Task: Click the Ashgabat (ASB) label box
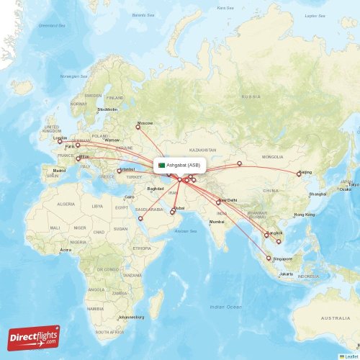[x=181, y=165]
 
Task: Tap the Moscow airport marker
[x=138, y=127]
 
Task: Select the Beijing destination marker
[x=299, y=174]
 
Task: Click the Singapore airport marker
[x=269, y=258]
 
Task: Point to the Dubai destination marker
[x=172, y=212]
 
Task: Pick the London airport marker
[x=60, y=141]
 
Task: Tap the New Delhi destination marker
[x=218, y=202]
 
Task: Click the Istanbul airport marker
[x=119, y=171]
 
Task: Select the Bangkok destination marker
[x=266, y=235]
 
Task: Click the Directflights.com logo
[x=34, y=337]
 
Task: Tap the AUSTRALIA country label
[x=335, y=318]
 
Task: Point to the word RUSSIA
[x=251, y=96]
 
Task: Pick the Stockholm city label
[x=107, y=109]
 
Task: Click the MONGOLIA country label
[x=272, y=156]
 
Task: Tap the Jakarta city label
[x=287, y=274]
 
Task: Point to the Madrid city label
[x=59, y=171]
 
